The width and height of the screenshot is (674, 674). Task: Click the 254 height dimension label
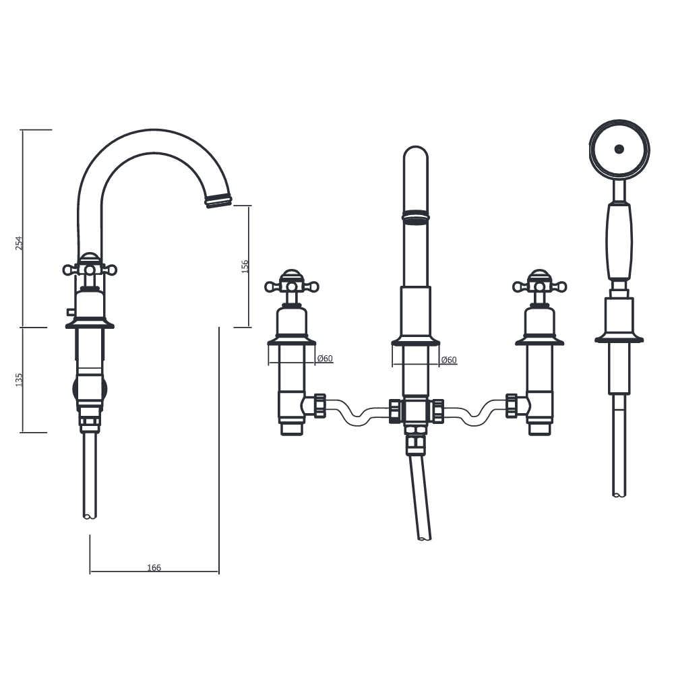(x=20, y=243)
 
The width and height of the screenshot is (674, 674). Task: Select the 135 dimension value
(x=20, y=379)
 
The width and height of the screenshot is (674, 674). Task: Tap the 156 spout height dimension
(x=245, y=266)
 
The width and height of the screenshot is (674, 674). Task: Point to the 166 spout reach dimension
(x=154, y=568)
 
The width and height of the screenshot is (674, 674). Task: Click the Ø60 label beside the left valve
(x=325, y=359)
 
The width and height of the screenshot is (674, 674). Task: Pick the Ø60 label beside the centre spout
(x=449, y=360)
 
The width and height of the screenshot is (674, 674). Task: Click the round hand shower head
(x=619, y=150)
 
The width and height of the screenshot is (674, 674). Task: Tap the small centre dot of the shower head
(x=619, y=149)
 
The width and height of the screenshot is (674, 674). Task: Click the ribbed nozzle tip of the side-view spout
(x=218, y=200)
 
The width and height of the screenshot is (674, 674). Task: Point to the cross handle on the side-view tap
(x=90, y=270)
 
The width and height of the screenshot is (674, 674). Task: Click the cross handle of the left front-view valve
(x=291, y=286)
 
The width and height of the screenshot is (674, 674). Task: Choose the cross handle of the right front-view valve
(x=539, y=286)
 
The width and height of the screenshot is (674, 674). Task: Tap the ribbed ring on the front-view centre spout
(x=415, y=216)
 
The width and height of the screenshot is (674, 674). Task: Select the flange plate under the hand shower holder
(x=619, y=338)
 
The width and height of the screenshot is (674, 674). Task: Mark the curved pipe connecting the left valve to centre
(x=357, y=415)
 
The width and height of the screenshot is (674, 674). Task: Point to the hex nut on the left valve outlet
(x=319, y=406)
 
